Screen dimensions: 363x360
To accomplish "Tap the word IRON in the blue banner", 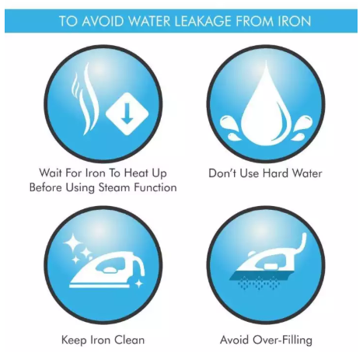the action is click(295, 21).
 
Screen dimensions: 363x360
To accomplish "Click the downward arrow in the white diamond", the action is click(127, 114).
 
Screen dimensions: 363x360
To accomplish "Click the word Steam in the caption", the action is click(114, 187).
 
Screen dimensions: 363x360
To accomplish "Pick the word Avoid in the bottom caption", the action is click(235, 340).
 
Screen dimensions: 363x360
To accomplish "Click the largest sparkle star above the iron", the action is click(73, 243).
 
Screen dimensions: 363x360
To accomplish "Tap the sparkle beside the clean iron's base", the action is click(139, 284).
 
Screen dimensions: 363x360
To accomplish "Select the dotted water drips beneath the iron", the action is click(259, 283).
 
